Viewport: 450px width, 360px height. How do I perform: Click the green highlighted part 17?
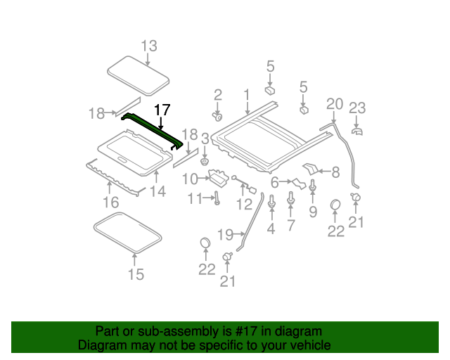pos(155,131)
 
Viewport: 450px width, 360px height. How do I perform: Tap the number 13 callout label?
pos(149,46)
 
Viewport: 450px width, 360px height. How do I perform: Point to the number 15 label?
pos(136,274)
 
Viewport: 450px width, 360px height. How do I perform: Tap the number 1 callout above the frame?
pos(247,94)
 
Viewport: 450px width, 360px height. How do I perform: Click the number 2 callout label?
pos(218,94)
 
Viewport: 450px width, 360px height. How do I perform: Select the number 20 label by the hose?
pos(334,104)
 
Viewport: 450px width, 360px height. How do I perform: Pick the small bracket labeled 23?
pos(356,131)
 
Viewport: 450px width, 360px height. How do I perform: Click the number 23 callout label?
pos(358,108)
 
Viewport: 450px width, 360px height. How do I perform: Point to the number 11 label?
pos(195,200)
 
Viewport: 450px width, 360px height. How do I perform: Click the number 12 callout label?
pos(243,205)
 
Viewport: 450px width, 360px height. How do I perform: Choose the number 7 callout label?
pos(290,226)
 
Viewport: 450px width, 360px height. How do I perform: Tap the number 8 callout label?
pos(335,171)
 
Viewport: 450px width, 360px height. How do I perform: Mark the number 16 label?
pos(110,203)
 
